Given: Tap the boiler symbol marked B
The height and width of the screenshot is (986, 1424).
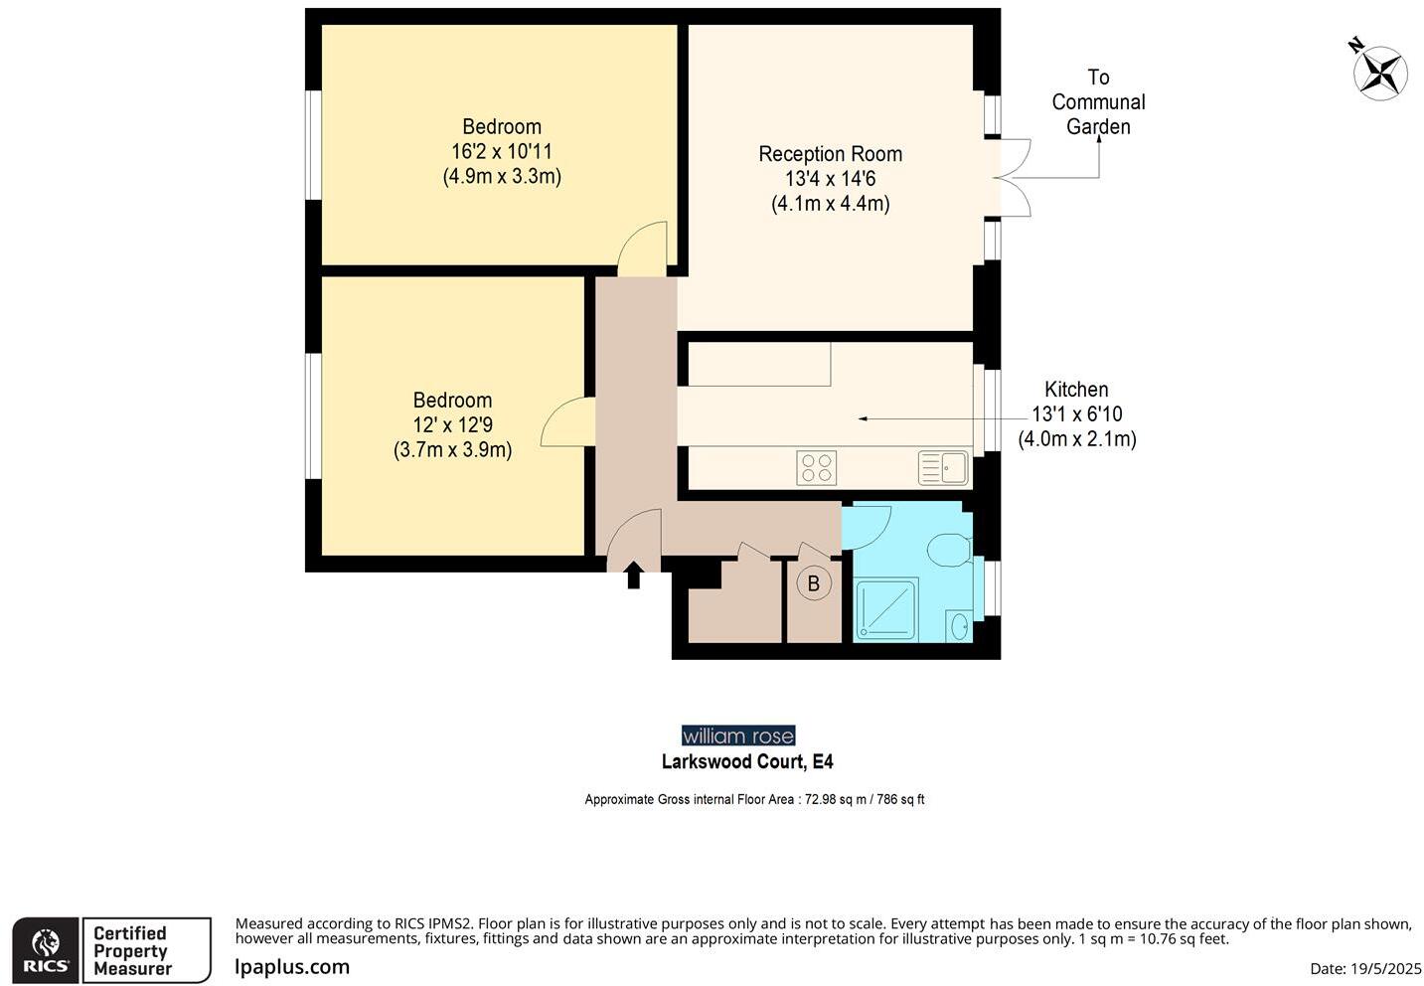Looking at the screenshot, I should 813,583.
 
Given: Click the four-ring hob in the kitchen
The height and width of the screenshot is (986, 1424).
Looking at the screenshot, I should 816,468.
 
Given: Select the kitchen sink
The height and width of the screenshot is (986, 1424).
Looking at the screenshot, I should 943,467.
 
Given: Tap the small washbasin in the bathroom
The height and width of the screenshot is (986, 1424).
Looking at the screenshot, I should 959,626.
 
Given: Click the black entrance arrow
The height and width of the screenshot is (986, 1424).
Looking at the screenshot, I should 633,575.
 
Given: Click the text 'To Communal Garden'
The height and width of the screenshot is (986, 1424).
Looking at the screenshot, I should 1097,102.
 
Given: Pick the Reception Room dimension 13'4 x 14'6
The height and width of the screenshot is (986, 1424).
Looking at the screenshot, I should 830,179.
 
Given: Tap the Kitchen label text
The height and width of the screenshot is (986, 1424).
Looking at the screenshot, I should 1076,390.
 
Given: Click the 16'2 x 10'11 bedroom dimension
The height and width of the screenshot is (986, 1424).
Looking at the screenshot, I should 501,152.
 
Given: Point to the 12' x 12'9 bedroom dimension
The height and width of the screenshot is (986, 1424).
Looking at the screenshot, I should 452,425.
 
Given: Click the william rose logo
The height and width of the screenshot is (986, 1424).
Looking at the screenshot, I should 738,736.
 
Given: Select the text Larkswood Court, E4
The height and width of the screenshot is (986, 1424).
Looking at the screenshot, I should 747,762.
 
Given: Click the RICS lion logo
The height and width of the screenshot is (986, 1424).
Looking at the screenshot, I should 46,950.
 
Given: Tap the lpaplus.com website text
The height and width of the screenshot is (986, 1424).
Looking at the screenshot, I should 292,966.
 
